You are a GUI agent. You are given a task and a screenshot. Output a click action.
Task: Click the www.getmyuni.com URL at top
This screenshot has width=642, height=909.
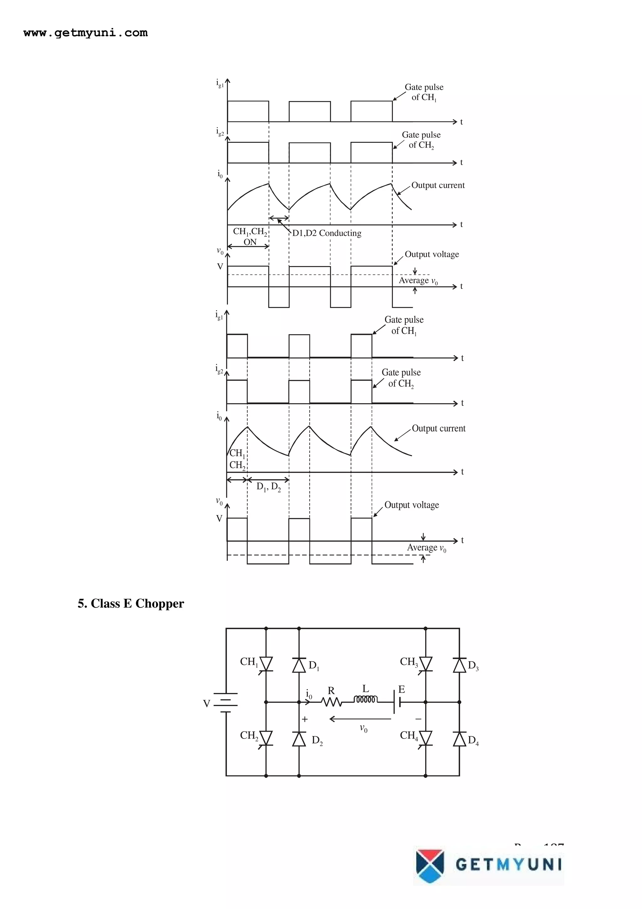[86, 33]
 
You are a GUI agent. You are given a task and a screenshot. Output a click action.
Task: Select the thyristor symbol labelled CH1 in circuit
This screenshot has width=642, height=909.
[266, 664]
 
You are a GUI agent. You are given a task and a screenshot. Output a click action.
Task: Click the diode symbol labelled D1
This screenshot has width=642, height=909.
[299, 665]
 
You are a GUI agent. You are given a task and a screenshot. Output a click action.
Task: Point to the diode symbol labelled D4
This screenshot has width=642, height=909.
[459, 739]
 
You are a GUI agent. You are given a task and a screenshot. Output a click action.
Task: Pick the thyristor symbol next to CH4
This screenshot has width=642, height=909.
[426, 738]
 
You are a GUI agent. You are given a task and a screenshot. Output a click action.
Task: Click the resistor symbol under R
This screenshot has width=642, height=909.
[331, 702]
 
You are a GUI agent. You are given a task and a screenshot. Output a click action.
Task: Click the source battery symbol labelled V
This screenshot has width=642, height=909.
[225, 702]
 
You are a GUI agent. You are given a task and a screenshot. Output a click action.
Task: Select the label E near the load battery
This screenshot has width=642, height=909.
[402, 689]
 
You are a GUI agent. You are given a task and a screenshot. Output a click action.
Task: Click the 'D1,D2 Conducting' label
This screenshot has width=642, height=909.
[327, 233]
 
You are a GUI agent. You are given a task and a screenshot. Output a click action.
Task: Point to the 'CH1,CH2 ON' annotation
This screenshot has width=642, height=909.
[250, 237]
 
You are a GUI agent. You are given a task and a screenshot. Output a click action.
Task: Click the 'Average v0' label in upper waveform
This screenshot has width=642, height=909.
[418, 281]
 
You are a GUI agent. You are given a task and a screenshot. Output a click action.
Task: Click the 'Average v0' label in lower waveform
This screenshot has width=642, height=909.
[426, 548]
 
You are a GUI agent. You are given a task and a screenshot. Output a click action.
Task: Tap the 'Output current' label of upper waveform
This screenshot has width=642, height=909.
[438, 185]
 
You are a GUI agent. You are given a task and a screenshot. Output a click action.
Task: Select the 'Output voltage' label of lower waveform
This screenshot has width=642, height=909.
[411, 505]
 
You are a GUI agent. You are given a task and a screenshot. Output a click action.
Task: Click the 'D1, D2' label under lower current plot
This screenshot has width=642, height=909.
[269, 487]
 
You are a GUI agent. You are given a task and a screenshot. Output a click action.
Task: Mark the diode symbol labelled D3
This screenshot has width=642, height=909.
[459, 665]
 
